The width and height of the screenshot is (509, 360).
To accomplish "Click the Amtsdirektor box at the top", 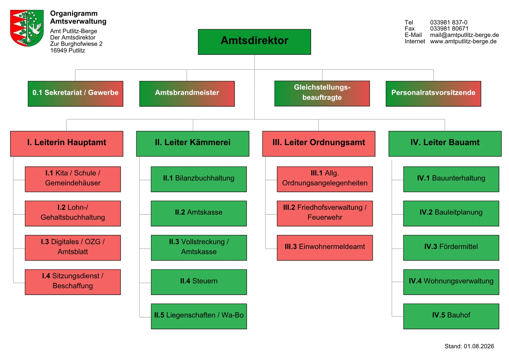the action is coord(254,42).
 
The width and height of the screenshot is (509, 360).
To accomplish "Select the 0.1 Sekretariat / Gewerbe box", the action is coord(76,94).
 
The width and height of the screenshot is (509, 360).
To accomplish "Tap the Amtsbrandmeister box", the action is coord(187,94).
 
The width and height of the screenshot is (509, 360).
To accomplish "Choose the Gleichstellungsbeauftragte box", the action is coord(322,93).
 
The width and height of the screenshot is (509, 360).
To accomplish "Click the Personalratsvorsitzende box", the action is coord(433,94).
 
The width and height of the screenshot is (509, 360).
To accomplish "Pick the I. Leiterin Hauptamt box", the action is coord(67,144).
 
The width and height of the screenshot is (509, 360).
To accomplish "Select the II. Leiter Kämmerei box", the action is coord(193,144).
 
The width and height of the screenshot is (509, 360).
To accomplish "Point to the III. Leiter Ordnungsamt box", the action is coord(319,144).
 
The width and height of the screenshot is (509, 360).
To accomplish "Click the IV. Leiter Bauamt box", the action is coord(445,144).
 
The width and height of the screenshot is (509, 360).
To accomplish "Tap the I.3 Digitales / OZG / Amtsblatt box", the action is coord(73,248).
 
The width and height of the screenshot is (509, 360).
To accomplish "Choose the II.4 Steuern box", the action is coord(199,282).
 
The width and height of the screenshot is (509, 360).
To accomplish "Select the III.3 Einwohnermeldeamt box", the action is coord(325,248).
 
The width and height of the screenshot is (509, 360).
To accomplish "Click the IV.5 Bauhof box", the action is coord(451,316).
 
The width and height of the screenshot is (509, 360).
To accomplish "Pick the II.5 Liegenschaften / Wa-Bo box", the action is coord(199,316).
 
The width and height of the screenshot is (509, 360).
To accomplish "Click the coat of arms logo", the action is coord(27,28).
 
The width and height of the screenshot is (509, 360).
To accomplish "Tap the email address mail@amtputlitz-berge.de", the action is coord(464,35).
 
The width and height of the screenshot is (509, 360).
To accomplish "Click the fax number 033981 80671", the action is coord(449,28).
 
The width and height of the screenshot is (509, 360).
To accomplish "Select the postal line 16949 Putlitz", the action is coord(68,50).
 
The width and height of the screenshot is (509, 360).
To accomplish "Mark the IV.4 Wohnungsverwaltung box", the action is coord(451,282).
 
